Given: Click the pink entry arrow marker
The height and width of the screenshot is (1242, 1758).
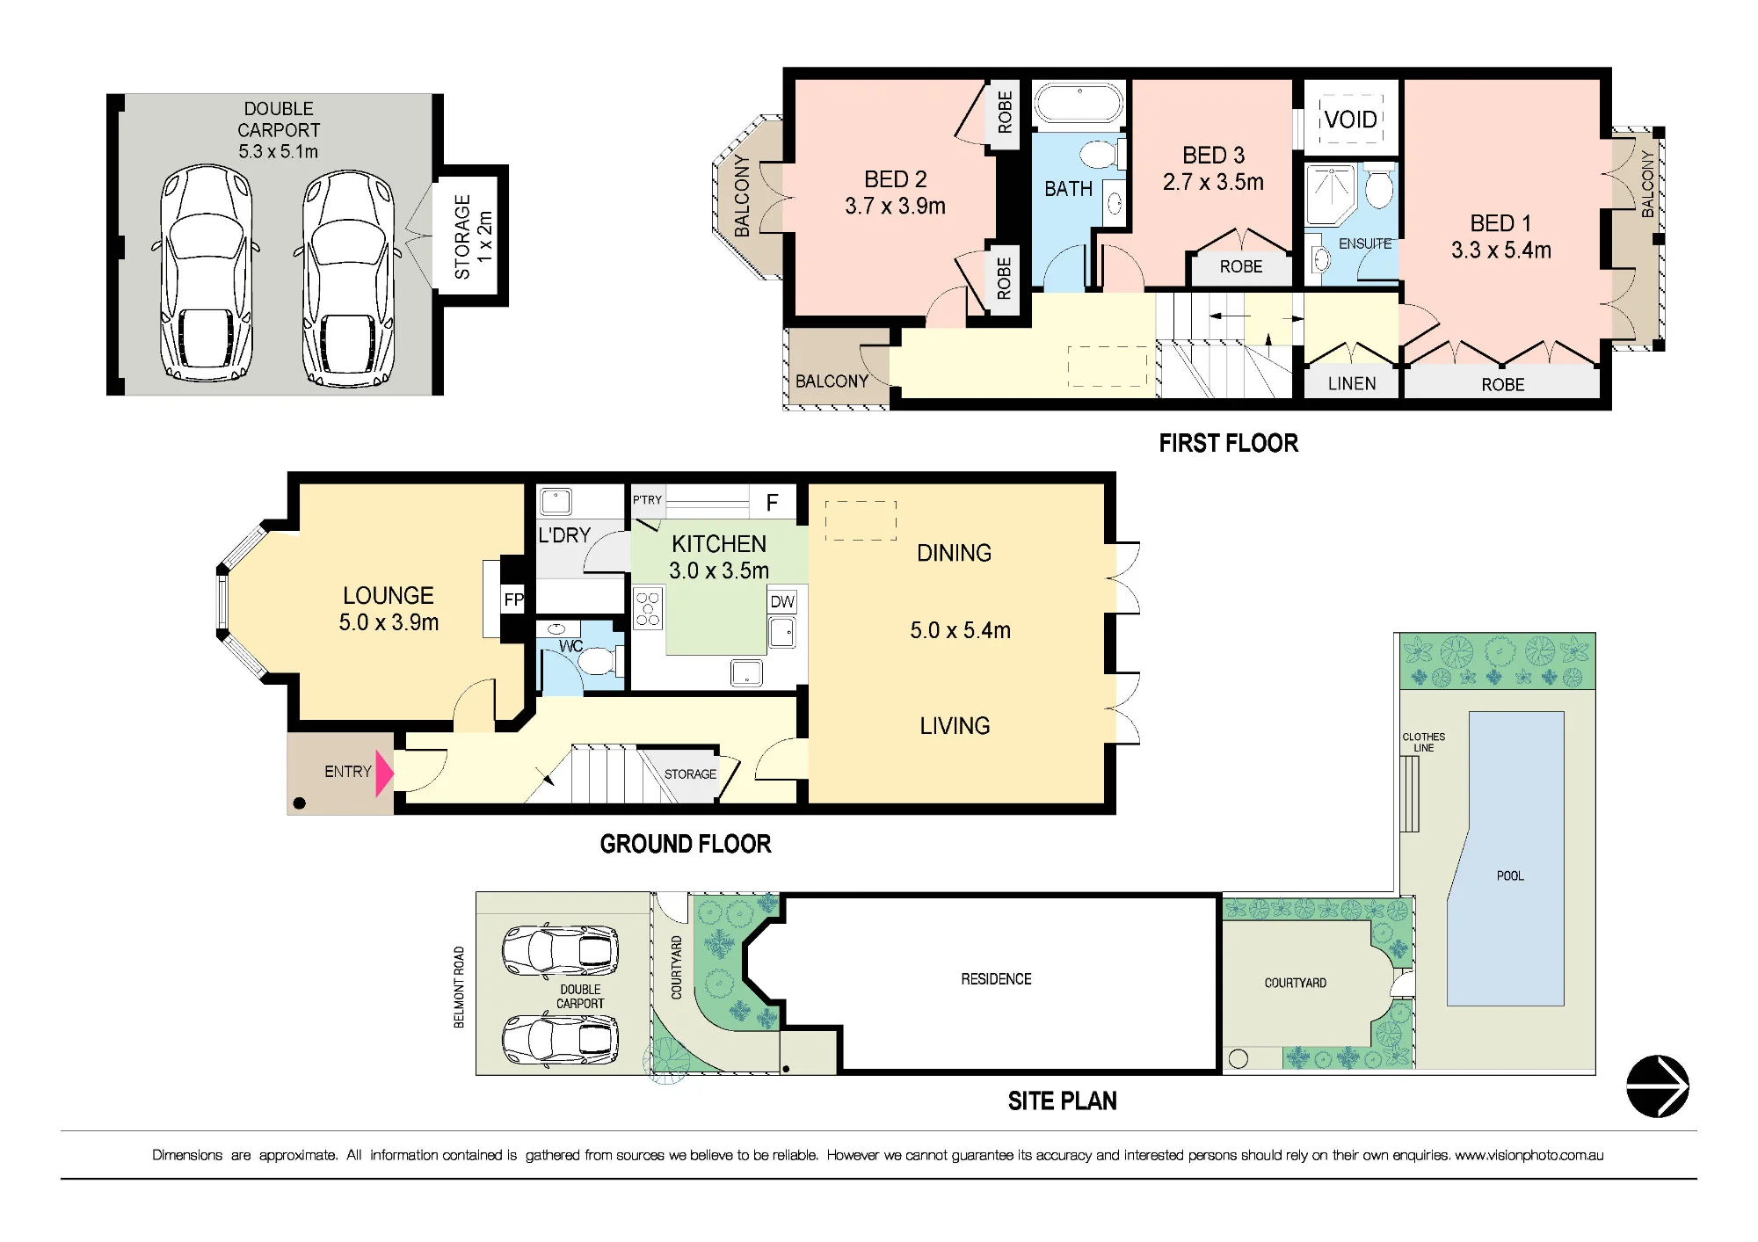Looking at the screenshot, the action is [x=383, y=774].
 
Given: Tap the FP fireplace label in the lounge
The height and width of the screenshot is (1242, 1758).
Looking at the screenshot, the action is [x=513, y=600].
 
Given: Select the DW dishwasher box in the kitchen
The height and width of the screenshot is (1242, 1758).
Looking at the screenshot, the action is [x=782, y=601].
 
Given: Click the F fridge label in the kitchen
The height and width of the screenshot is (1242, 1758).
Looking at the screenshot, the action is [x=772, y=503].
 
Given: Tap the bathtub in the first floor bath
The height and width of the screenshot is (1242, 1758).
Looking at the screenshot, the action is [x=1079, y=105].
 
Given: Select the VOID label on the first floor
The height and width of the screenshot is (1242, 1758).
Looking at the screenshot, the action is [x=1351, y=120].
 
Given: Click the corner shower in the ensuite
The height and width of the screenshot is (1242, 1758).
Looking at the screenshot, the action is [x=1331, y=194].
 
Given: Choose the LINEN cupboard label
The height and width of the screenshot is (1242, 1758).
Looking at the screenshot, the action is [x=1352, y=384].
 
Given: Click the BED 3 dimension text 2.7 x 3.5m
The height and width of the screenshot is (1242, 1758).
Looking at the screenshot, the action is [x=1213, y=182].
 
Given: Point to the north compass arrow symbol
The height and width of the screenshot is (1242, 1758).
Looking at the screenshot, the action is [x=1658, y=1086].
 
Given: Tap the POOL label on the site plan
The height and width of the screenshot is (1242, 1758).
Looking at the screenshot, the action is [x=1510, y=875].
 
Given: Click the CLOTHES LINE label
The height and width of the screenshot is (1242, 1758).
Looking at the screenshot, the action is [x=1424, y=743].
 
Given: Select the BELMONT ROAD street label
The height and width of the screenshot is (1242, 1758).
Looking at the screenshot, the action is [x=459, y=987].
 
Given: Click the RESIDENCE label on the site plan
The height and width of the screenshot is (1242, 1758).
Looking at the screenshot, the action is [x=996, y=979].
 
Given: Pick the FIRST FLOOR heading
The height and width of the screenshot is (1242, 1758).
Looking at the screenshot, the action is [x=1228, y=443].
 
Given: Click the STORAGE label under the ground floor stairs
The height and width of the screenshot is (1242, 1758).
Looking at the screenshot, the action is [x=690, y=774].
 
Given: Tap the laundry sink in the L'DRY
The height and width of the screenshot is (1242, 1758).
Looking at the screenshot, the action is [x=556, y=502].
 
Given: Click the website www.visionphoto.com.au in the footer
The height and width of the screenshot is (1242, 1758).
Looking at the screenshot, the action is [x=1529, y=1155].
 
